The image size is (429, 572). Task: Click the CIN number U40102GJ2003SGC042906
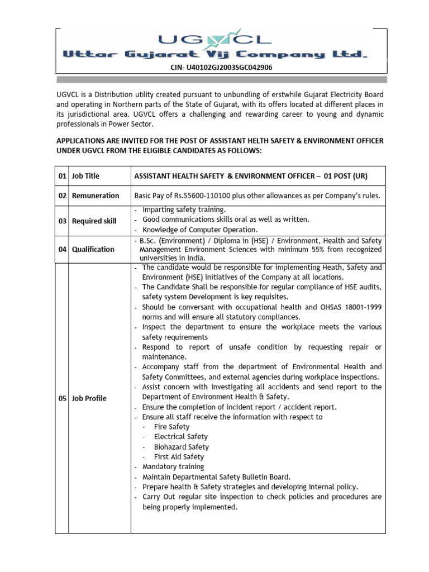point(221,68)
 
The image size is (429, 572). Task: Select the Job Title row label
point(85,176)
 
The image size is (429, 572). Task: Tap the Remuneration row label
point(96,196)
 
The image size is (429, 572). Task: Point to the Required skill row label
point(94,221)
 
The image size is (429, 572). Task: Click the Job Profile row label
point(89,398)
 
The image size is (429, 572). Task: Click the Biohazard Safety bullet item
point(181,447)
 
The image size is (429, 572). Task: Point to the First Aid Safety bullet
point(179,457)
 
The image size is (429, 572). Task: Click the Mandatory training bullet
point(173,466)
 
